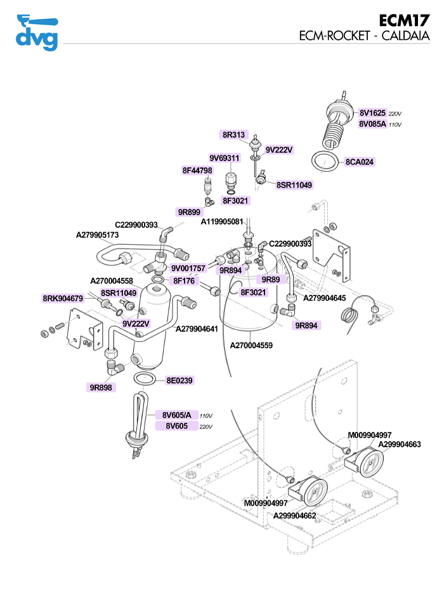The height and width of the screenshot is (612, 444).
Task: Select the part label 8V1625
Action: (372, 112)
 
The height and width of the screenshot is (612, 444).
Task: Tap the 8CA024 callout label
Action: (360, 162)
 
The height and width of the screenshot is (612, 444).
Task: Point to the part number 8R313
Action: (233, 134)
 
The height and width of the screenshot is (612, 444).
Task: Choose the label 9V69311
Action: (225, 158)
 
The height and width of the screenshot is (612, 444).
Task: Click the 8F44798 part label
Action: (197, 171)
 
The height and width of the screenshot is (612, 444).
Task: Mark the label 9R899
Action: (188, 212)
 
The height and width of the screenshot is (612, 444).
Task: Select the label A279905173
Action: (98, 235)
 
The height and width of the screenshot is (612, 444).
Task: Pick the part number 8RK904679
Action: (63, 298)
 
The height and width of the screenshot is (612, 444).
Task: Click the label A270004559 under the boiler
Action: (251, 346)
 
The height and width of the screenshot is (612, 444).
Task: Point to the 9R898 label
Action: (101, 386)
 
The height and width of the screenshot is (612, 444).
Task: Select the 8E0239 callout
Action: (180, 381)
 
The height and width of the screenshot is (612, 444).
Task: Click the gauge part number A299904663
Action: (400, 445)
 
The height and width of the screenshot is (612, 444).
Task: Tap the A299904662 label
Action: (295, 516)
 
